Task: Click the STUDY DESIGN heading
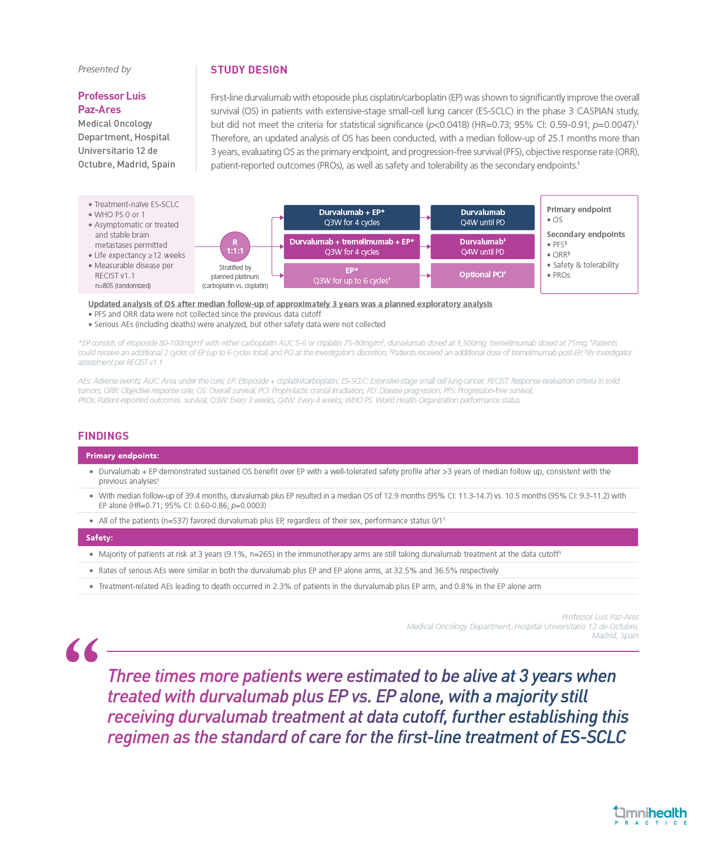249,70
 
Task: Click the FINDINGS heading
103,436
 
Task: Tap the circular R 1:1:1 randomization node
235,246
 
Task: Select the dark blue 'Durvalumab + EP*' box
351,217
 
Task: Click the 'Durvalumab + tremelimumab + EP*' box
351,247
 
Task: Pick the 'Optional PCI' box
482,275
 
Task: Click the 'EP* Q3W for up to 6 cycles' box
351,276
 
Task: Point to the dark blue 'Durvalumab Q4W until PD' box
482,217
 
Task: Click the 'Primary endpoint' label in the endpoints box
579,209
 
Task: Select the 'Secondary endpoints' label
585,234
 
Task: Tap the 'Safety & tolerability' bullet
585,265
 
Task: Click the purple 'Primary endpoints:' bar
357,456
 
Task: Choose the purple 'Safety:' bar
357,538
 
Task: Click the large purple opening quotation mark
82,651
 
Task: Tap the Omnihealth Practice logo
650,815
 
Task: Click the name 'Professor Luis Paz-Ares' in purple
111,102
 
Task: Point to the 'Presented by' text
105,69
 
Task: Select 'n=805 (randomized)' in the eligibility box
123,286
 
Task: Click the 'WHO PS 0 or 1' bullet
119,214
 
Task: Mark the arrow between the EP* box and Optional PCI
425,276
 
